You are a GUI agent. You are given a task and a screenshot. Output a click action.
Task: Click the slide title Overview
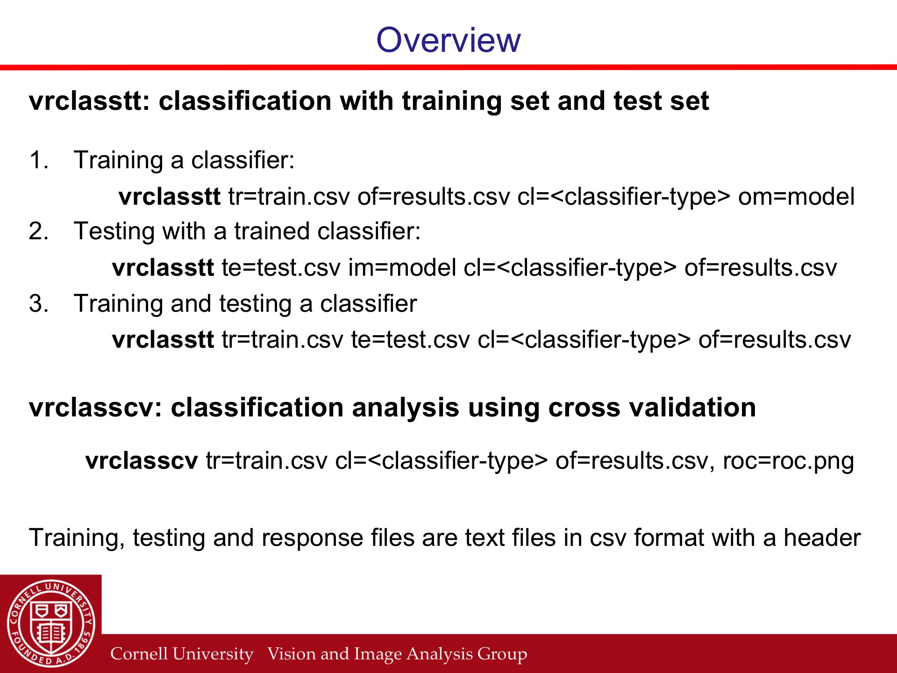point(448,40)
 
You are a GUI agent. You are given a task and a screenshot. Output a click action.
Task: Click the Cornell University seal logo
point(51,623)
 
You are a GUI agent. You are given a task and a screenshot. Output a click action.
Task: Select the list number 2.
point(38,231)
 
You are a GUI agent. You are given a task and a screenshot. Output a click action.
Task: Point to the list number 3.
point(38,304)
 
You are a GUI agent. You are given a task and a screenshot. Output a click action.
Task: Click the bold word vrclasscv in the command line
point(142,461)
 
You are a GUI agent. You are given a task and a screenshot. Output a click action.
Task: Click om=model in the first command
point(797,197)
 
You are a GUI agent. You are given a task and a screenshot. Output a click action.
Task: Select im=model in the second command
point(402,268)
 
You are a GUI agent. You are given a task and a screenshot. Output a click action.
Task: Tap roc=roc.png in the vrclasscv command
point(789,461)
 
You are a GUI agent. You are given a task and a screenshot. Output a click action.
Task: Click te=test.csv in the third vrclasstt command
point(410,340)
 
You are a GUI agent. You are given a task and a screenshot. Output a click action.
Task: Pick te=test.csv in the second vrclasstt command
point(281,268)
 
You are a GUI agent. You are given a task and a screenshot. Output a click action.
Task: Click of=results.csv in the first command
point(434,197)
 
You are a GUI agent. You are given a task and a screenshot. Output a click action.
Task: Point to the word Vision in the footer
point(285,653)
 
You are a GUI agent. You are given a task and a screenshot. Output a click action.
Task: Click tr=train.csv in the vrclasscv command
point(267,461)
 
